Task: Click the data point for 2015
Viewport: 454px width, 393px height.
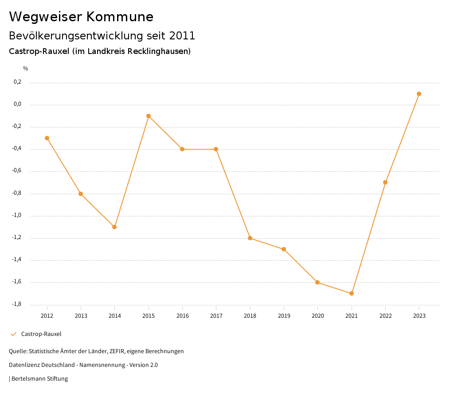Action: click(x=149, y=116)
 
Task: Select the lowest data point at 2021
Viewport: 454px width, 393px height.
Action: click(x=352, y=293)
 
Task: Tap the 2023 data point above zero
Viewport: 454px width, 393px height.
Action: click(x=419, y=94)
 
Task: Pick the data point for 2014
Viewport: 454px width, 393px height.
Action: click(x=114, y=227)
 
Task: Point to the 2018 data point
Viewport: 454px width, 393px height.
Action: click(x=250, y=238)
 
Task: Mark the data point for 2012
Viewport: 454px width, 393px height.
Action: click(x=47, y=138)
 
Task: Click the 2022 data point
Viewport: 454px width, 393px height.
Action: click(x=385, y=182)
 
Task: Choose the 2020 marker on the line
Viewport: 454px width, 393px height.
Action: click(x=317, y=282)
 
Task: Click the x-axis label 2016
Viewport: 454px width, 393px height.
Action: click(x=182, y=316)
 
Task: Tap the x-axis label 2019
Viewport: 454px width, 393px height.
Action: click(x=284, y=316)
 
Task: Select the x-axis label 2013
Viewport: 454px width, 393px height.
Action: click(x=81, y=316)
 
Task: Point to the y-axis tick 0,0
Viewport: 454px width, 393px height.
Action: click(x=18, y=104)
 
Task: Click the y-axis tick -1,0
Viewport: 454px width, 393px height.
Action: click(x=17, y=216)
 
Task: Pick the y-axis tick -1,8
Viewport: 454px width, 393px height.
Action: click(x=17, y=304)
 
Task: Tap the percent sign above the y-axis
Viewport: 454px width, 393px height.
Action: click(x=26, y=69)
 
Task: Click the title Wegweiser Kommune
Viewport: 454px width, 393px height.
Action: click(x=81, y=17)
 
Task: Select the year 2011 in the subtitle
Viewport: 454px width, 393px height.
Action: click(x=182, y=35)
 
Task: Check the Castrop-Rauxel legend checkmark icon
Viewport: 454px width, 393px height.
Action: click(x=13, y=334)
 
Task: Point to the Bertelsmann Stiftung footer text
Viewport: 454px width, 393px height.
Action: click(x=39, y=379)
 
